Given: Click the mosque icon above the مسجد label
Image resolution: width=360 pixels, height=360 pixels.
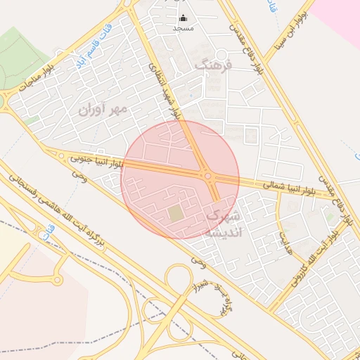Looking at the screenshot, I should [x=184, y=18].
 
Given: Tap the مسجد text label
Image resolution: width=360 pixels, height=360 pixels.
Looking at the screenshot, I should [x=184, y=29].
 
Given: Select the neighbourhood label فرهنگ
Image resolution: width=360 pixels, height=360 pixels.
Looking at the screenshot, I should [x=212, y=63].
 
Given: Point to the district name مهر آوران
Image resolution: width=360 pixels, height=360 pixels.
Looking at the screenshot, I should [x=102, y=109].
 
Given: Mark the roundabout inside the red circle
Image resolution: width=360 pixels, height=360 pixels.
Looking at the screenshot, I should [x=207, y=175].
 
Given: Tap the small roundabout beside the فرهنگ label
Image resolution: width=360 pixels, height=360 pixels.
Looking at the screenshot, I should [x=221, y=55].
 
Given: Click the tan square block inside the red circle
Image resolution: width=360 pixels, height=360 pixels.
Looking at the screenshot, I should [x=175, y=212].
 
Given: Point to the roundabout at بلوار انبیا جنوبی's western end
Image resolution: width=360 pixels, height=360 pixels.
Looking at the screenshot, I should [x=61, y=156].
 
